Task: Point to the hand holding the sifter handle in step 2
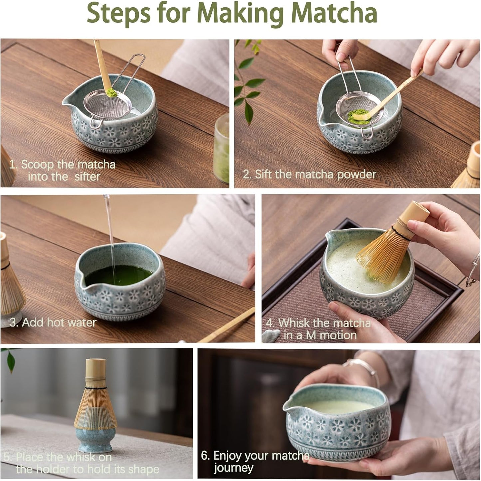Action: (340, 50)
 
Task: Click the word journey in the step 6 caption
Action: (233, 468)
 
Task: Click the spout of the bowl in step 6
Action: (288, 406)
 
